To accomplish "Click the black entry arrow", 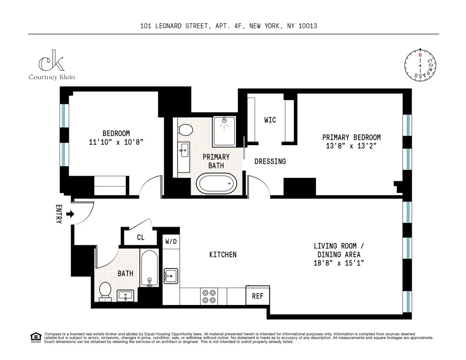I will click(x=69, y=214).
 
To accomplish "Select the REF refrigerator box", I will click(x=258, y=296).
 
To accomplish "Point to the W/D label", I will click(x=171, y=241).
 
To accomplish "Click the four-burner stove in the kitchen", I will click(x=209, y=296).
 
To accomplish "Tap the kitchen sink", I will click(x=171, y=276).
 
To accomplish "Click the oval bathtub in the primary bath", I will click(x=217, y=184).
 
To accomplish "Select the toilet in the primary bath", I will click(x=185, y=130).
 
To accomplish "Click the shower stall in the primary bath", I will click(x=224, y=132).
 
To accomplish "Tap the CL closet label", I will click(x=141, y=237).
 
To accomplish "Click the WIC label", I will click(x=270, y=120).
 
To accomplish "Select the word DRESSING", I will click(x=270, y=162).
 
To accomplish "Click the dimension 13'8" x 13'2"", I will click(x=351, y=146).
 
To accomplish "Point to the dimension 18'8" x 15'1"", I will click(x=339, y=263).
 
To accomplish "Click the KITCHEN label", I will click(x=223, y=254).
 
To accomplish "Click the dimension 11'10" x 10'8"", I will click(x=116, y=142).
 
